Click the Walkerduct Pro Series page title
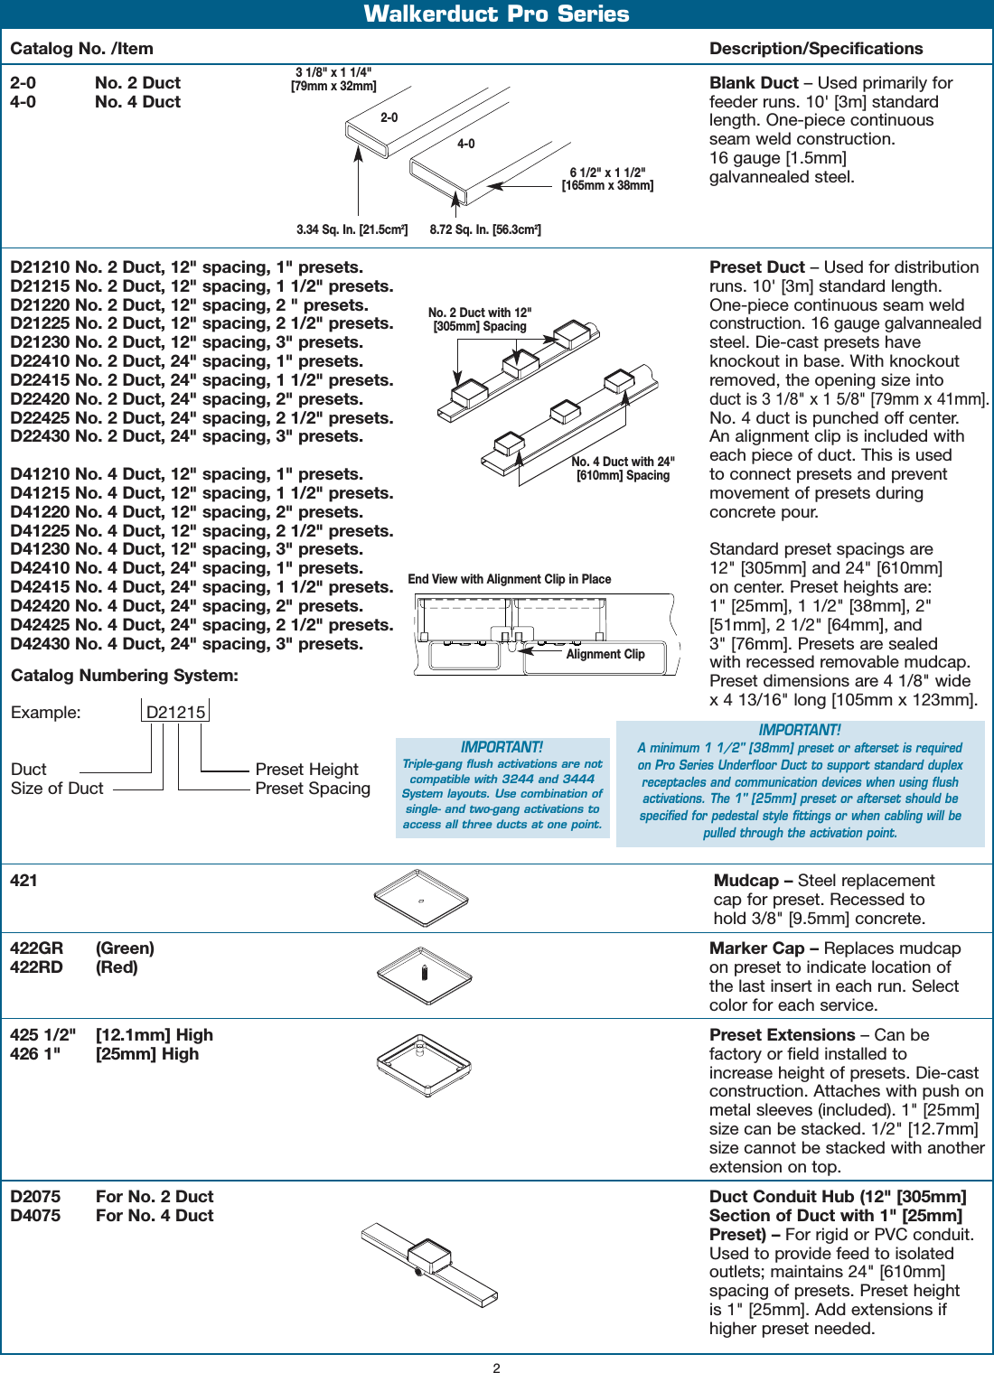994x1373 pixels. (x=496, y=14)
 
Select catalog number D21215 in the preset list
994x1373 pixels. (x=41, y=286)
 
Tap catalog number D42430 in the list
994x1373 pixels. (x=41, y=644)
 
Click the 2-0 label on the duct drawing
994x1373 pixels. (x=389, y=117)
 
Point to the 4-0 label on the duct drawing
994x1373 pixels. (x=465, y=144)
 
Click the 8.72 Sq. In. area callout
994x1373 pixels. (x=485, y=229)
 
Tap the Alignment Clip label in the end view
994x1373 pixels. (x=605, y=654)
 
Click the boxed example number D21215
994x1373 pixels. (x=176, y=712)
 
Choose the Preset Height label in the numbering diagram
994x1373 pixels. (x=306, y=770)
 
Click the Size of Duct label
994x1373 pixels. (x=57, y=789)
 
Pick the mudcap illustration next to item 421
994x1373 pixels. (x=421, y=898)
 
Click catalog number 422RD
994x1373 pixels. (x=36, y=967)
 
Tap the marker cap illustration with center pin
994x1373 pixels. (x=425, y=975)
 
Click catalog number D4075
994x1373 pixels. (x=35, y=1216)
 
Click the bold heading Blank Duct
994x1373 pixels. (x=754, y=83)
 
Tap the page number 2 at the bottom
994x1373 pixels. (x=496, y=1368)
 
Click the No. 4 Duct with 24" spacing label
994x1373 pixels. (x=623, y=468)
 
